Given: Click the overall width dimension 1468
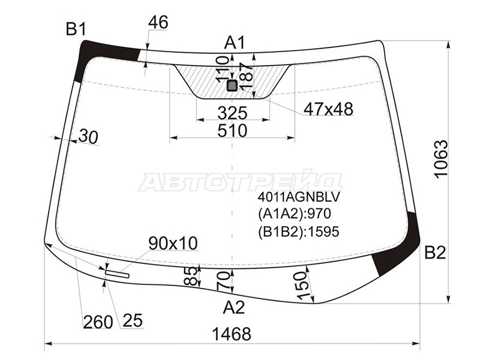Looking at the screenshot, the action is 232,334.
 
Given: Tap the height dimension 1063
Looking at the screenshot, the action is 441,158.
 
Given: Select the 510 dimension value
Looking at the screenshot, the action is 232,131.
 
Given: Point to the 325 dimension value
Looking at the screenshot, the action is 232,113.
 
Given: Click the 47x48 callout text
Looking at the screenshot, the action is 328,109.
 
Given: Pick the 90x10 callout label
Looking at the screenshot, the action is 173,244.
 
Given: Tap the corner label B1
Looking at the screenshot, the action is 76,29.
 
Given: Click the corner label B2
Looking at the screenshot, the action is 435,253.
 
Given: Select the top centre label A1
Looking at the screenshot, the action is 235,42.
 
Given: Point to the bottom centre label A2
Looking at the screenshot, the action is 234,307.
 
